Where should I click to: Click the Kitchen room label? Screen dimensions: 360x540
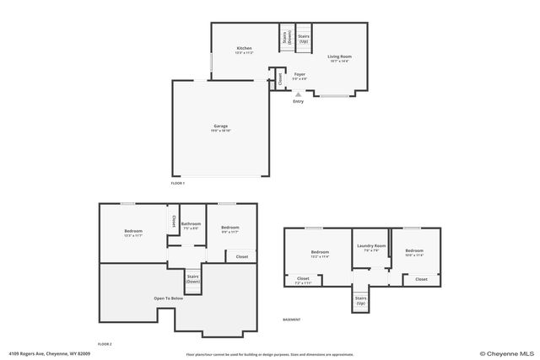(x=244, y=48)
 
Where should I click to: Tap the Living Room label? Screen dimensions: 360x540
(x=339, y=56)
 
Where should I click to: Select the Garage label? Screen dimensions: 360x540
(x=220, y=126)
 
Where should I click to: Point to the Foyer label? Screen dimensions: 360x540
(x=300, y=74)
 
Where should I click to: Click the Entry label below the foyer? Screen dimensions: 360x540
(x=298, y=101)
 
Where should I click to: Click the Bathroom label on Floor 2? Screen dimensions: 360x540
(x=191, y=223)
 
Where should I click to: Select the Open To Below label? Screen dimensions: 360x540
(x=169, y=298)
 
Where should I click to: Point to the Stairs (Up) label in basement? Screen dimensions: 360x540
(x=360, y=299)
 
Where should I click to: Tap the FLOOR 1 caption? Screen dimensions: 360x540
(x=177, y=183)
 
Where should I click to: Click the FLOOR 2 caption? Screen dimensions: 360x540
(x=105, y=344)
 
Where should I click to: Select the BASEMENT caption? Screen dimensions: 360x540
(x=291, y=320)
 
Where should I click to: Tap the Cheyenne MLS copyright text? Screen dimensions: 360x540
(x=508, y=353)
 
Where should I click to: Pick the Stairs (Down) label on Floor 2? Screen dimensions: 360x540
(x=193, y=278)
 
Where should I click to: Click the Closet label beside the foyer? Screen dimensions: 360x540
(x=280, y=80)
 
